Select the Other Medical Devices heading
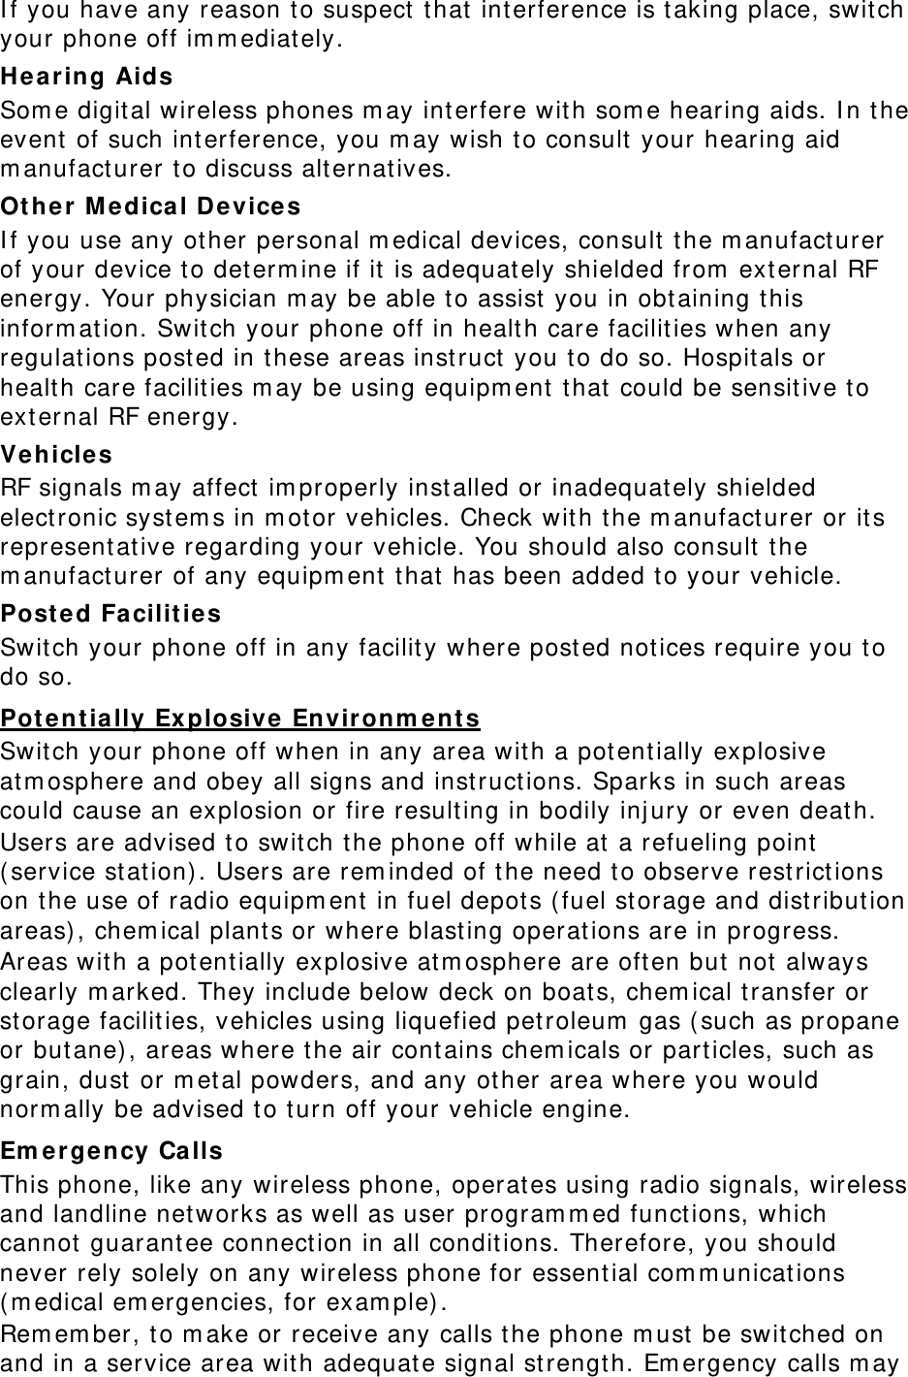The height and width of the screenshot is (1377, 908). pos(150,207)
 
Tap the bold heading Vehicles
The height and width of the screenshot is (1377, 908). pos(56,454)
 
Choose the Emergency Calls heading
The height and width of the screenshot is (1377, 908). pos(111,1151)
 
